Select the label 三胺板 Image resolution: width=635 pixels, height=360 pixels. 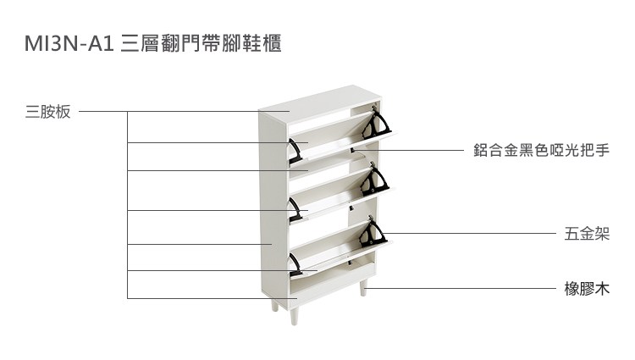pyautogui.click(x=48, y=112)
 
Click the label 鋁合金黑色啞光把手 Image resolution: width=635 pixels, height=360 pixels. pyautogui.click(x=540, y=151)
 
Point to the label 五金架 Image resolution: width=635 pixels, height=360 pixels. pyautogui.click(x=587, y=234)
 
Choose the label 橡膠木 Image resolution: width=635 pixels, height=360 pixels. pyautogui.click(x=587, y=289)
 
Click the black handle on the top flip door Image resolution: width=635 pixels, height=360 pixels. pyautogui.click(x=295, y=151)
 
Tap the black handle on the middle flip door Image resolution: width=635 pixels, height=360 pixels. pyautogui.click(x=295, y=208)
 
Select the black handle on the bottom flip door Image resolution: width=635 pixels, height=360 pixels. pyautogui.click(x=295, y=264)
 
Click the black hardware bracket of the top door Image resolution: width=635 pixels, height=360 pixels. pyautogui.click(x=377, y=125)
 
